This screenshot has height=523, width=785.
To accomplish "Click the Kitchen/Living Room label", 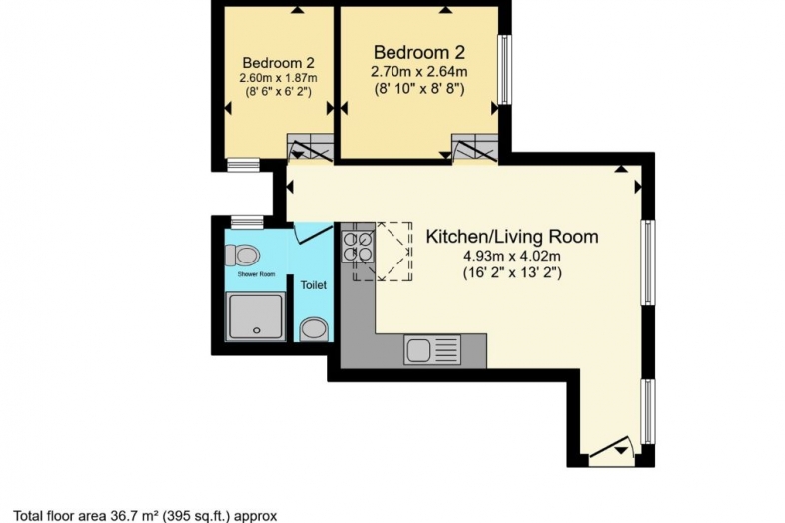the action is (x=512, y=236).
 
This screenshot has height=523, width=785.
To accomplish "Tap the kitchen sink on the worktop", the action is (x=432, y=350).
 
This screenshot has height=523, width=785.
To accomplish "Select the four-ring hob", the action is (x=358, y=247).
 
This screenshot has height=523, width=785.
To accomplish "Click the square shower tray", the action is (x=256, y=317).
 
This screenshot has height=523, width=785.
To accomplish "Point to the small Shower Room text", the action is (x=256, y=274).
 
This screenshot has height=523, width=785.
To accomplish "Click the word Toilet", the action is (x=313, y=285).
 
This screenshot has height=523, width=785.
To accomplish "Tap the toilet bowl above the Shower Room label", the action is (x=242, y=256).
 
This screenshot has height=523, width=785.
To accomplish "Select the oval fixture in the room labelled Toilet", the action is (x=314, y=330).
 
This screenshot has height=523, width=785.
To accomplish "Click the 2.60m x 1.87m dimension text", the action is (x=278, y=78).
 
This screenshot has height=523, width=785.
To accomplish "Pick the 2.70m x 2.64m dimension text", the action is (x=419, y=72).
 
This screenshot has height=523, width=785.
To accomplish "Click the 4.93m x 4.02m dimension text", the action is (x=512, y=257).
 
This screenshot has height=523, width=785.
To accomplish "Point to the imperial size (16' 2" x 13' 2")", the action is (x=512, y=273).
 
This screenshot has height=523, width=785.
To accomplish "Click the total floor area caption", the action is (x=145, y=515).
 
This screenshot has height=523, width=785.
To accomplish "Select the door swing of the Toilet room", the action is (x=314, y=234).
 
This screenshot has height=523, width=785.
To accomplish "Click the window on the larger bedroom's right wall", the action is (x=505, y=69).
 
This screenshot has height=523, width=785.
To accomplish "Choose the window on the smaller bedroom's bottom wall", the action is (x=243, y=165).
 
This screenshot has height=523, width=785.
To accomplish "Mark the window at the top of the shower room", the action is (x=247, y=222).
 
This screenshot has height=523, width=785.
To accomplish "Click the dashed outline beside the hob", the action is (x=383, y=252).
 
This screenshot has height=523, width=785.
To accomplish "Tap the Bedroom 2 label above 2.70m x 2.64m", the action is (x=419, y=52).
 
